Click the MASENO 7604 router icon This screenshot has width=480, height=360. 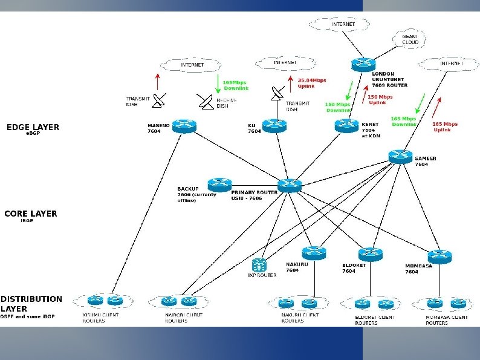[x=181, y=126]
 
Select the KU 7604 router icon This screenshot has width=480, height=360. [x=274, y=126]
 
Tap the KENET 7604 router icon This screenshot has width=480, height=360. [x=346, y=125]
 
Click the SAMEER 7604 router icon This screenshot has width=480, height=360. [x=400, y=156]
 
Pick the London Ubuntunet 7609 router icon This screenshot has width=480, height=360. [x=362, y=64]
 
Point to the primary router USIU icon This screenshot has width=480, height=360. [x=290, y=185]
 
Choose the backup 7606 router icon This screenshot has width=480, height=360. [x=219, y=184]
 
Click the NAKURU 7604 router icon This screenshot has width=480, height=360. [x=314, y=252]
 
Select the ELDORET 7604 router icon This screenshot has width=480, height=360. [x=370, y=254]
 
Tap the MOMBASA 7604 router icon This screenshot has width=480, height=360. [x=439, y=256]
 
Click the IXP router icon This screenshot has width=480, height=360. [x=260, y=265]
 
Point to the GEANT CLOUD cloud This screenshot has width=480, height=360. [x=410, y=39]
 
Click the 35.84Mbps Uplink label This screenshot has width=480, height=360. [x=311, y=83]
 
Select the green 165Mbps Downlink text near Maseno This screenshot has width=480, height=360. [x=236, y=85]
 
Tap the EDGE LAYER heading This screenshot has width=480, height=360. [x=33, y=127]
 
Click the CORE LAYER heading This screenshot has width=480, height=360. [x=30, y=214]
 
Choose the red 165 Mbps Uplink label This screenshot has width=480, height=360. [x=445, y=126]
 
